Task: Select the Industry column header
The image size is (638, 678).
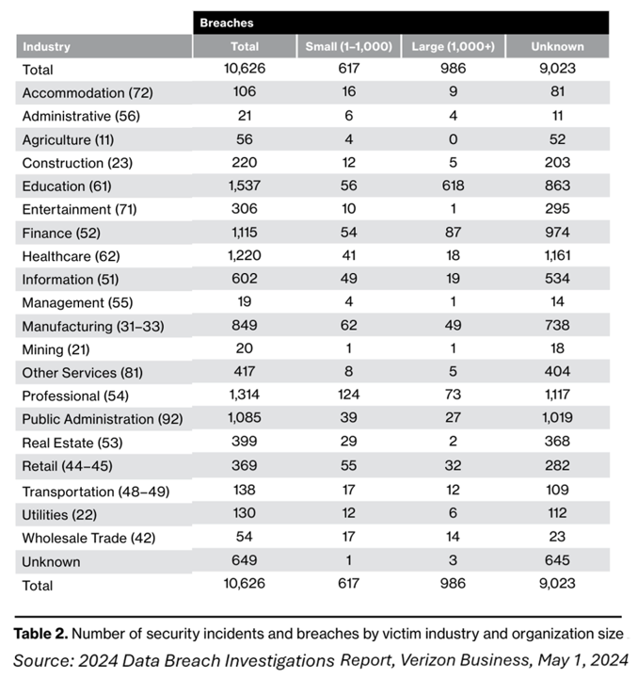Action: (47, 46)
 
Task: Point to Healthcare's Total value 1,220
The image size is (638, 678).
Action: (244, 256)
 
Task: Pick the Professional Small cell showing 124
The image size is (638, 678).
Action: (348, 396)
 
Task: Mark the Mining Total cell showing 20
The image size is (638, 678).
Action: (244, 350)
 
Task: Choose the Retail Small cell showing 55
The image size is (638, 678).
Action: (348, 467)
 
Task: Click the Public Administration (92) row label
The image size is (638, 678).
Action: (102, 420)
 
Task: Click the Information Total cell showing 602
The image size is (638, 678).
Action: (244, 280)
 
